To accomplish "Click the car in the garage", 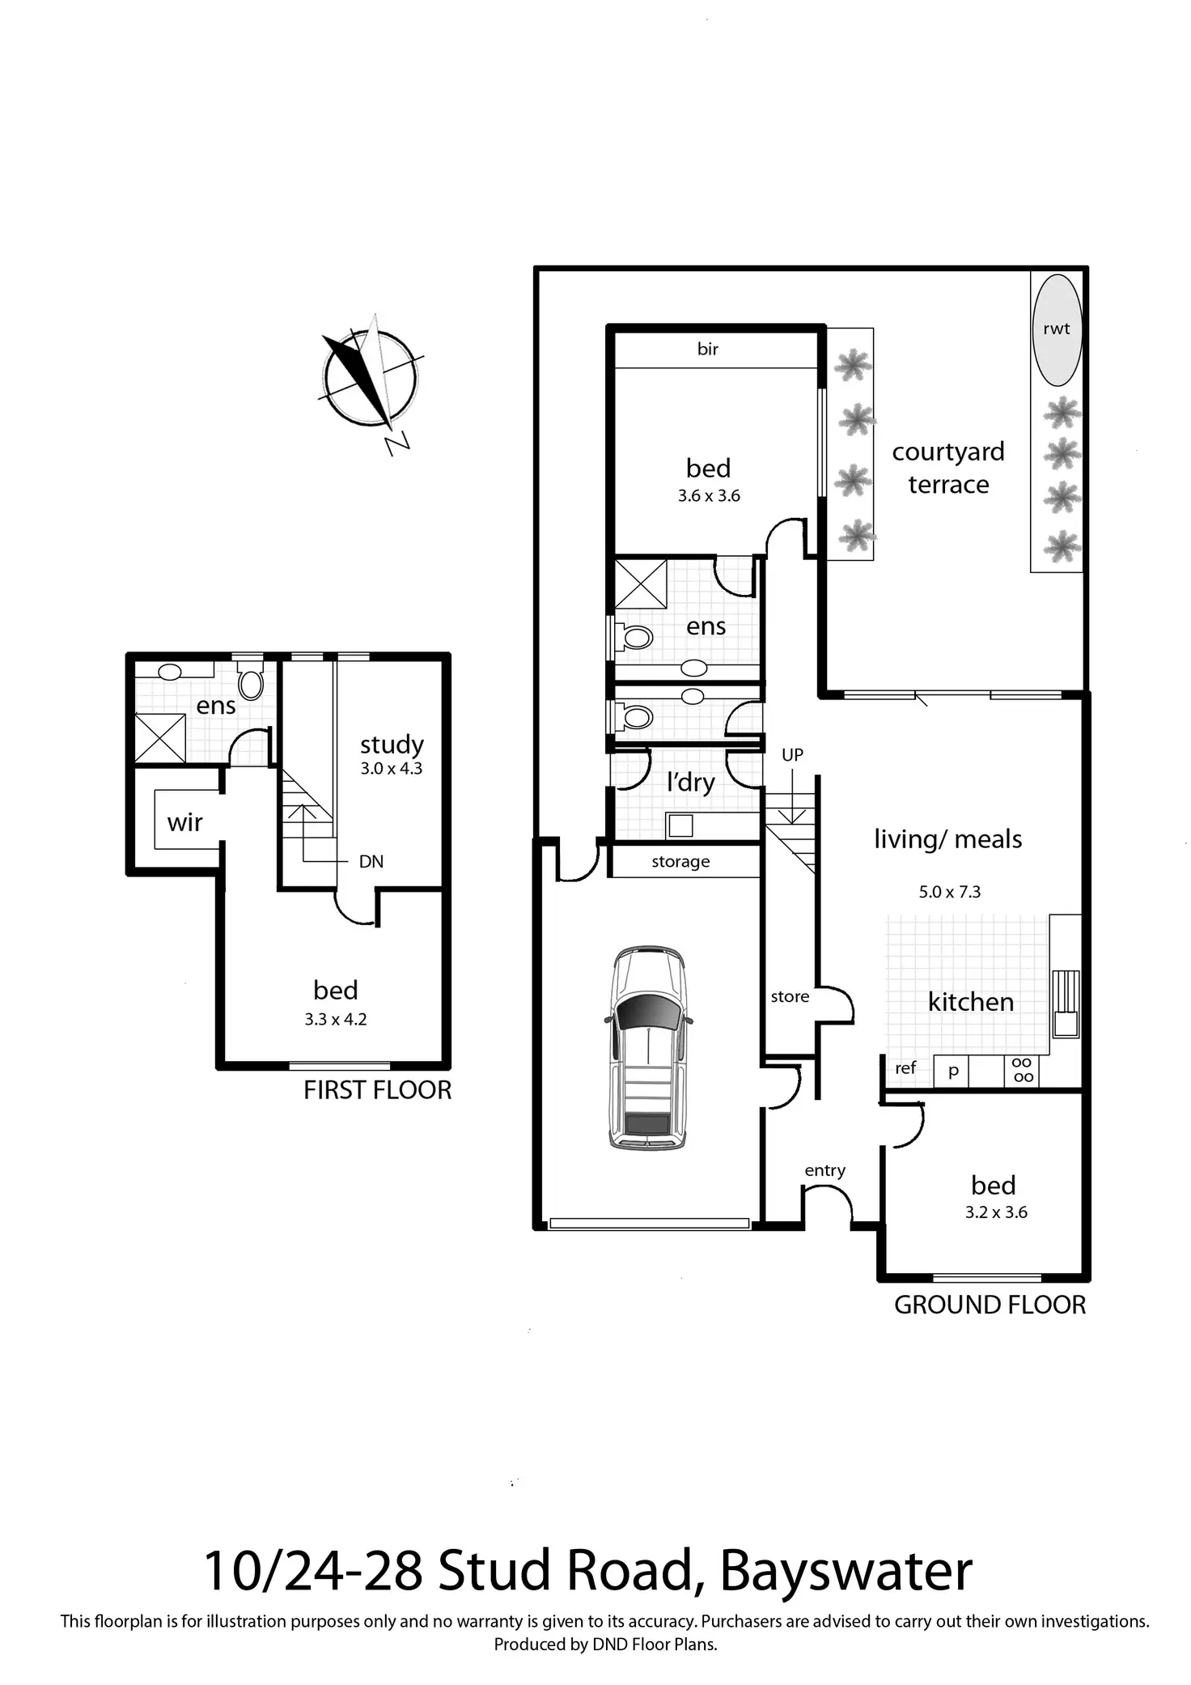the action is [x=646, y=1047].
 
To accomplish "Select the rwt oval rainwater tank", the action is [x=1057, y=329].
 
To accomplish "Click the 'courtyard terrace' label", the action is [x=948, y=467].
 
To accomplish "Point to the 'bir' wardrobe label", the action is [x=708, y=349].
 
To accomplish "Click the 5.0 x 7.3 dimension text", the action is [x=949, y=892].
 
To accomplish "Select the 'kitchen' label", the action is [x=970, y=1002].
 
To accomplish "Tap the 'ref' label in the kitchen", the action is [x=905, y=1067].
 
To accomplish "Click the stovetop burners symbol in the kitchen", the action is [x=1023, y=1070].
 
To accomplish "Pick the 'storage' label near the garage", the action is [x=680, y=862].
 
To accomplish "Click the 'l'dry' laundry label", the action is [x=690, y=783].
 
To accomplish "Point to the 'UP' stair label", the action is [x=792, y=755].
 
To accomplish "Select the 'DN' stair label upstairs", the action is [x=371, y=861].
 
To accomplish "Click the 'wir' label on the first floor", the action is [x=184, y=823].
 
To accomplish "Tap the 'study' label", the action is [x=392, y=744].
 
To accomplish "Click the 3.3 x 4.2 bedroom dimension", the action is [x=336, y=1020].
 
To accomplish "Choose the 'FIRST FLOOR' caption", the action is [x=377, y=1090].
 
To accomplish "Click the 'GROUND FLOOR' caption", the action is [x=990, y=1305].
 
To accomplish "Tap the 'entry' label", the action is [x=824, y=1170].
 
